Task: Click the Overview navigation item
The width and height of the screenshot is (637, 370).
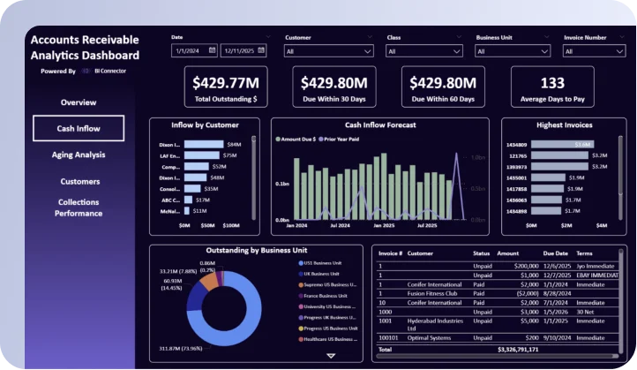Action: (79, 102)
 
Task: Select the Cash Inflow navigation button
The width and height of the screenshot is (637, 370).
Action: (79, 129)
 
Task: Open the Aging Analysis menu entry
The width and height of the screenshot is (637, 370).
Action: (79, 155)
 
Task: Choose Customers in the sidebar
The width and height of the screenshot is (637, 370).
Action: (79, 181)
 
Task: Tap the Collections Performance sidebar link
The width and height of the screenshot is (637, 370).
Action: (79, 208)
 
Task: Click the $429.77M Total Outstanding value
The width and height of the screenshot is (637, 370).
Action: (225, 82)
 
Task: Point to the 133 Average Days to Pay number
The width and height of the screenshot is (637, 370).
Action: (552, 82)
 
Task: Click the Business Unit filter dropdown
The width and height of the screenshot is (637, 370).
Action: (513, 51)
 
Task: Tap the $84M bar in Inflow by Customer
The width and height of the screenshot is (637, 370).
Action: (204, 144)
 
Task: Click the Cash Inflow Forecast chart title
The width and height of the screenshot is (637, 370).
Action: (379, 125)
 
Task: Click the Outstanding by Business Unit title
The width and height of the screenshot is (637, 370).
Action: (256, 250)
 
